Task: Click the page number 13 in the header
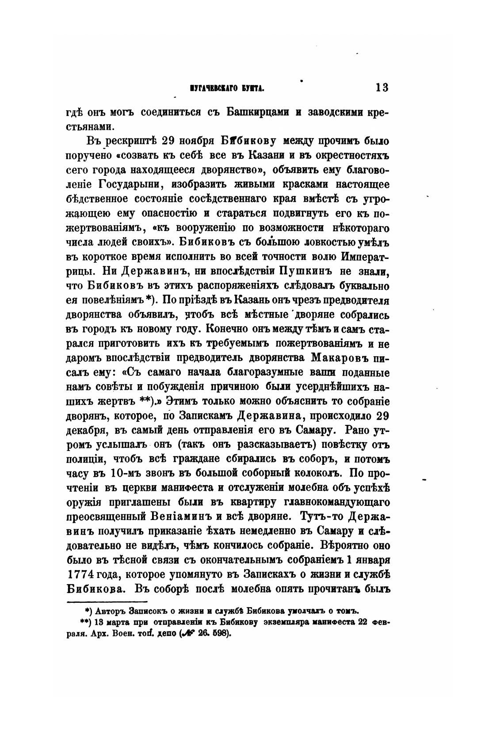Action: [x=382, y=87]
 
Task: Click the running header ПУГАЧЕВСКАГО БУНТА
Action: [x=227, y=88]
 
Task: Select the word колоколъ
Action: [x=319, y=474]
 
